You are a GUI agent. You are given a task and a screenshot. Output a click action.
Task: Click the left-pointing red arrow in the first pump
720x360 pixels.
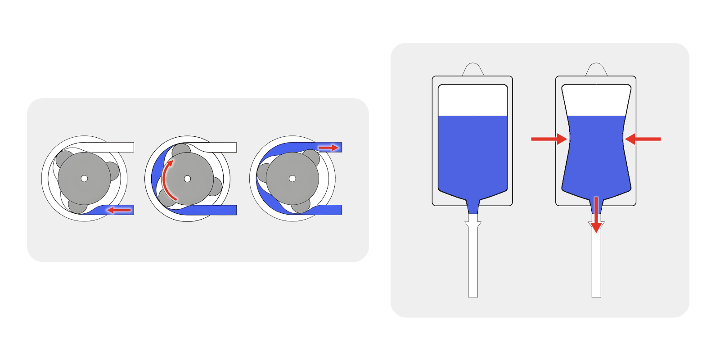tap(119, 210)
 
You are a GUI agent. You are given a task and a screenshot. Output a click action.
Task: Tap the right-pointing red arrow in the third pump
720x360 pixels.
tap(328, 148)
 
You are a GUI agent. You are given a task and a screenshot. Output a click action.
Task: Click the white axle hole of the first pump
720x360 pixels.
tap(84, 179)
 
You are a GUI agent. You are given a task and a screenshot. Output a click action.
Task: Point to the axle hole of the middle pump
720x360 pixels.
tap(187, 179)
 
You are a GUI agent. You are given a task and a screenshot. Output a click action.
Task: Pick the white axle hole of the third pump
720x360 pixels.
tap(292, 179)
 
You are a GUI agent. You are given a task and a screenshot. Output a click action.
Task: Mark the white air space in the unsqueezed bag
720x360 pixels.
tap(472, 100)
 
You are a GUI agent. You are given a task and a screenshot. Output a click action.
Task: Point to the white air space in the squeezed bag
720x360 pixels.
tap(596, 100)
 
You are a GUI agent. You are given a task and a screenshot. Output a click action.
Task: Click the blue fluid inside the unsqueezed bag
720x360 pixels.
tap(472, 153)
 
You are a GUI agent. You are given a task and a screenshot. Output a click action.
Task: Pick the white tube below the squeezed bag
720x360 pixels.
tap(596, 265)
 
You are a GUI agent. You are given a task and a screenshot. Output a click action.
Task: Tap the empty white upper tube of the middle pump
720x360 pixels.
tap(220, 147)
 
